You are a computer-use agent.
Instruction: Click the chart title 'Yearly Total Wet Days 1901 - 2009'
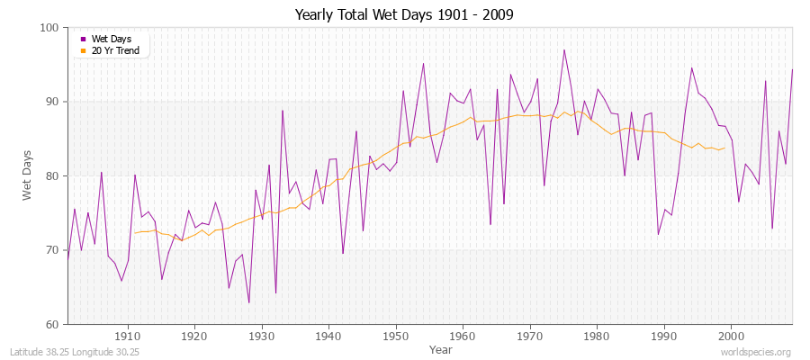pyautogui.click(x=404, y=15)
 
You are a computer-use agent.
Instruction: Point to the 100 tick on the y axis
pyautogui.click(x=49, y=28)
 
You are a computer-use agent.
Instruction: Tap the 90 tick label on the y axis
pyautogui.click(x=52, y=102)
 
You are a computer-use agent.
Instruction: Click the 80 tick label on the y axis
pyautogui.click(x=52, y=176)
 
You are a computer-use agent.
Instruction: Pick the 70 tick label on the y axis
pyautogui.click(x=52, y=250)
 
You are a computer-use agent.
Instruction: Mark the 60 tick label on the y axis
pyautogui.click(x=52, y=324)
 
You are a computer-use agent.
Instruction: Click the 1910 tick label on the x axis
pyautogui.click(x=128, y=337)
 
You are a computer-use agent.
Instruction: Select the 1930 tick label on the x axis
pyautogui.click(x=262, y=337)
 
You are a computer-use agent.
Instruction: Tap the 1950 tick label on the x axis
pyautogui.click(x=396, y=337)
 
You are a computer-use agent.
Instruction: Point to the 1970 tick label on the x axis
pyautogui.click(x=530, y=337)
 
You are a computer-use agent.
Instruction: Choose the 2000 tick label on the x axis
pyautogui.click(x=731, y=337)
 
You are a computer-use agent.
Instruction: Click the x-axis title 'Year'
pyautogui.click(x=441, y=348)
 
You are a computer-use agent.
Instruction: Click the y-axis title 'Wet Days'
pyautogui.click(x=27, y=176)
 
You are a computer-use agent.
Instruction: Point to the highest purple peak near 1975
pyautogui.click(x=563, y=50)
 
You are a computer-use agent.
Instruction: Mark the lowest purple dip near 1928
pyautogui.click(x=248, y=302)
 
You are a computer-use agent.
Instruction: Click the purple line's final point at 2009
pyautogui.click(x=792, y=69)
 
